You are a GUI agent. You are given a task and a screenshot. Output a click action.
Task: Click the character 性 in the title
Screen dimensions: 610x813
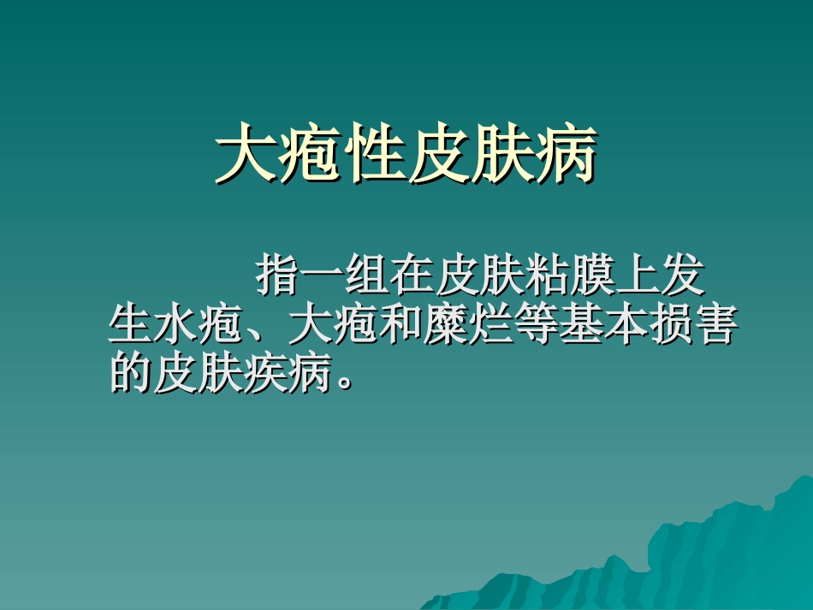pyautogui.click(x=373, y=157)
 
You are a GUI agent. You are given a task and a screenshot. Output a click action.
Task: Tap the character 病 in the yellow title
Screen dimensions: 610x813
pyautogui.click(x=563, y=157)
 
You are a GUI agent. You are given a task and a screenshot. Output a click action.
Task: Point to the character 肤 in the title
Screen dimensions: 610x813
pyautogui.click(x=500, y=157)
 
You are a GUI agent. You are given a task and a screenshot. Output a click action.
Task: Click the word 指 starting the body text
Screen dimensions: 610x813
pyautogui.click(x=278, y=278)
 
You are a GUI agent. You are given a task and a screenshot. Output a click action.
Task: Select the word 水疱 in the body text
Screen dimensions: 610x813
pyautogui.click(x=198, y=326)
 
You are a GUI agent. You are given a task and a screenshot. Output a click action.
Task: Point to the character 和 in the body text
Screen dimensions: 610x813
pyautogui.click(x=398, y=326)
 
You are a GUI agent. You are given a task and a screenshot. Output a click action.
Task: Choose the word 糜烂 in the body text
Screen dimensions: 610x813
pyautogui.click(x=465, y=326)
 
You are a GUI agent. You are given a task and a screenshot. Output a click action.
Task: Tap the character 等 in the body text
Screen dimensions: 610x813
pyautogui.click(x=531, y=326)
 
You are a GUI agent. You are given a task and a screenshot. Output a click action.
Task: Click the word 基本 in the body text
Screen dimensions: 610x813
pyautogui.click(x=598, y=326)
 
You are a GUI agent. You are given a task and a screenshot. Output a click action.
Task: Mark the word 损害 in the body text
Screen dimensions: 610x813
pyautogui.click(x=687, y=326)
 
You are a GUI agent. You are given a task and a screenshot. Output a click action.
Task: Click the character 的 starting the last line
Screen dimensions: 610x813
pyautogui.click(x=131, y=373)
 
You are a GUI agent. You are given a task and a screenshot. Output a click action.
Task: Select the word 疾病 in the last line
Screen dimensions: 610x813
pyautogui.click(x=287, y=373)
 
